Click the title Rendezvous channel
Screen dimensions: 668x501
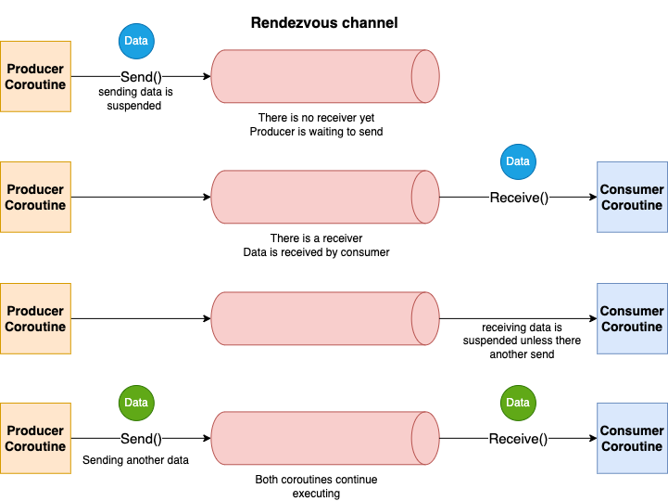(x=324, y=22)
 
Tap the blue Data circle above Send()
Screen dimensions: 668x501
(x=136, y=41)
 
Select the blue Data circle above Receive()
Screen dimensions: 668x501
(x=518, y=161)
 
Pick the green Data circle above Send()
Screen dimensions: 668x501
(x=136, y=403)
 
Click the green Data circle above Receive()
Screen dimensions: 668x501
(x=518, y=403)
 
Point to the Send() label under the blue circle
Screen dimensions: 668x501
(x=141, y=77)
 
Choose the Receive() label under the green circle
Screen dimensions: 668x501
(x=518, y=439)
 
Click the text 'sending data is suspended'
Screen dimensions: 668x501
(x=135, y=98)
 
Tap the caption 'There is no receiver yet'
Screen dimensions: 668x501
(x=316, y=117)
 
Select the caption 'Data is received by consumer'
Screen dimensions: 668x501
(x=316, y=252)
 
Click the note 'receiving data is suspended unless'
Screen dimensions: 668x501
(x=522, y=334)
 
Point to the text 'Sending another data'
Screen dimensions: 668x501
(x=135, y=460)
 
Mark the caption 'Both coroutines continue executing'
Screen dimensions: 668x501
(x=316, y=486)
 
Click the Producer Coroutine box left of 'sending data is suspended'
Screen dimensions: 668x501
(x=35, y=77)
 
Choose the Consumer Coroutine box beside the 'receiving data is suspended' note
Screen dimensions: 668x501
(x=632, y=319)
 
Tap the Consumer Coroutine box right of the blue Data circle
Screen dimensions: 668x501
(x=632, y=198)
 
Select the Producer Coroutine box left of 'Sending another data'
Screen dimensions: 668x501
(x=35, y=438)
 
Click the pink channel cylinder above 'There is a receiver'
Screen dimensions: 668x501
(x=325, y=198)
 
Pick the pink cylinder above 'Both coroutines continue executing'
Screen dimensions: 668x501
(x=325, y=438)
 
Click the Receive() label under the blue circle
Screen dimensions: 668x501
(x=519, y=198)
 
